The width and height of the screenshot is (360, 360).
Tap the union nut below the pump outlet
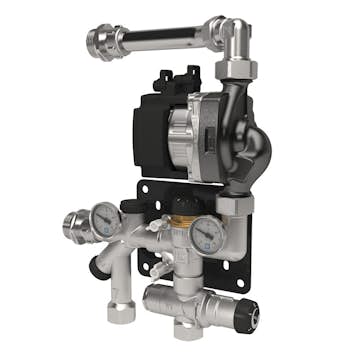tap(240, 205)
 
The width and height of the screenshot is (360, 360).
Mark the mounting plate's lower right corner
tap(247, 266)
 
